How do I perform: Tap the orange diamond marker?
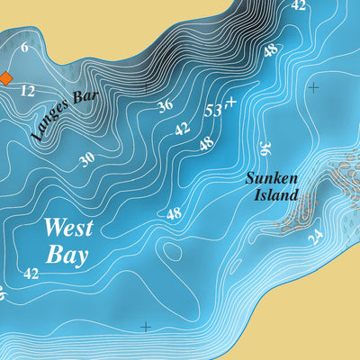(4, 77)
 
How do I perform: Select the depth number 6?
(24, 48)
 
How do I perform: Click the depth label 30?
(86, 159)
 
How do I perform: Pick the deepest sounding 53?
(212, 111)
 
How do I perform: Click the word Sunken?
(271, 178)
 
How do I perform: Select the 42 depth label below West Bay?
(31, 273)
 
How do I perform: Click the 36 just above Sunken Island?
(265, 148)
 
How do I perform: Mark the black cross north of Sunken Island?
(313, 87)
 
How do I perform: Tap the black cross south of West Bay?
(145, 327)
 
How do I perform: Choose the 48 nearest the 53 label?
(206, 143)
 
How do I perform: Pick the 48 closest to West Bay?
(174, 214)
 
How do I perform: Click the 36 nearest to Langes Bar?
(165, 105)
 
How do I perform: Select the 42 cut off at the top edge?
(299, 4)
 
